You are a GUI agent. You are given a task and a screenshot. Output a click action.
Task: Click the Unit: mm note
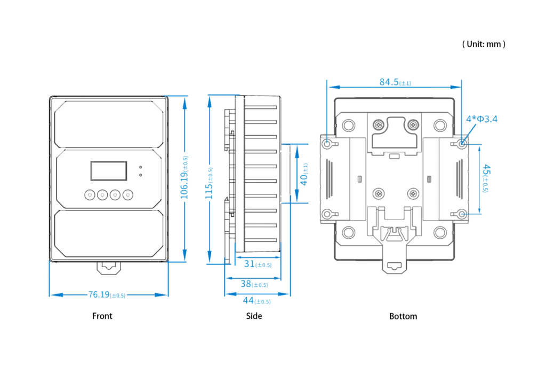tap(484, 44)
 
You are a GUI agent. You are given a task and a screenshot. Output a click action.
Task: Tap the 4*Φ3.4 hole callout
tap(481, 119)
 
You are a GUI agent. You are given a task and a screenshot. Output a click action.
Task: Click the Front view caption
tap(102, 316)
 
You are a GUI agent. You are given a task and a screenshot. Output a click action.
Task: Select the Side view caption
tap(254, 316)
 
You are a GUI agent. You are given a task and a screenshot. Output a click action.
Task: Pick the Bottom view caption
tap(403, 316)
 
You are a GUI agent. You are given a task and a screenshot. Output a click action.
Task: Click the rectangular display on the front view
tap(109, 171)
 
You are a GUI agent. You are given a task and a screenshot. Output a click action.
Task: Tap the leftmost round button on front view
tap(90, 194)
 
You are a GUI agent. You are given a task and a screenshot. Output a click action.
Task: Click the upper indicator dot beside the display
tap(140, 167)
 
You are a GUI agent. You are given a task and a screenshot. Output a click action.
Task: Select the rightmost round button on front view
tap(128, 194)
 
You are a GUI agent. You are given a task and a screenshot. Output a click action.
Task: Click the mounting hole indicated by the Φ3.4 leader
tap(462, 143)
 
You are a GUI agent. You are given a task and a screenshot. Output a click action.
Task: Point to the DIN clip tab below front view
tap(109, 268)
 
